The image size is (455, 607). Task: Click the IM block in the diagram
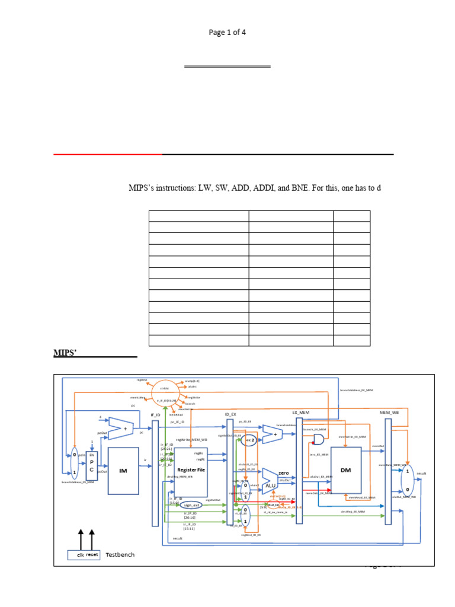pyautogui.click(x=123, y=470)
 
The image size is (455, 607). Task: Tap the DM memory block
pyautogui.click(x=345, y=469)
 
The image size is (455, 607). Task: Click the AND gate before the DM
pyautogui.click(x=318, y=440)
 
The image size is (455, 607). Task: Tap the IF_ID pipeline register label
pyautogui.click(x=155, y=416)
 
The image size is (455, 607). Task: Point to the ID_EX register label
pyautogui.click(x=230, y=414)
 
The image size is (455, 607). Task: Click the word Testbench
pyautogui.click(x=120, y=555)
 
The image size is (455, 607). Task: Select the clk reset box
pyautogui.click(x=84, y=555)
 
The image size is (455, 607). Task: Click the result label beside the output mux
pyautogui.click(x=422, y=474)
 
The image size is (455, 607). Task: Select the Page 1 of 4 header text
pyautogui.click(x=227, y=33)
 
